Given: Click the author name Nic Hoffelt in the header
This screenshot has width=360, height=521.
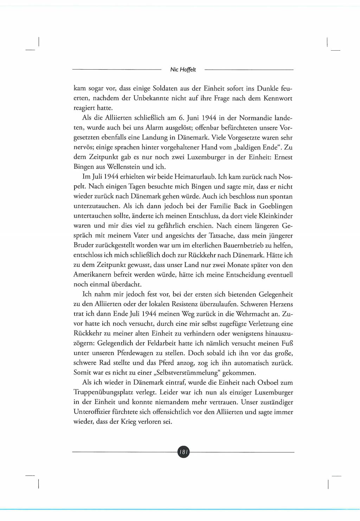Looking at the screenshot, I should tap(183, 70).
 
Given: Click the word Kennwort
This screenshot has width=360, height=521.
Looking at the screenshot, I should tap(278, 98).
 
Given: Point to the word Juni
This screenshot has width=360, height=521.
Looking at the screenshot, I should tap(193, 118).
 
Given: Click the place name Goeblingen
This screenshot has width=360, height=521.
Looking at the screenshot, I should tap(276, 206).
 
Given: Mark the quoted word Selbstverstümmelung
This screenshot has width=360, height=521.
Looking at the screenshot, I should tap(183, 373).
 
